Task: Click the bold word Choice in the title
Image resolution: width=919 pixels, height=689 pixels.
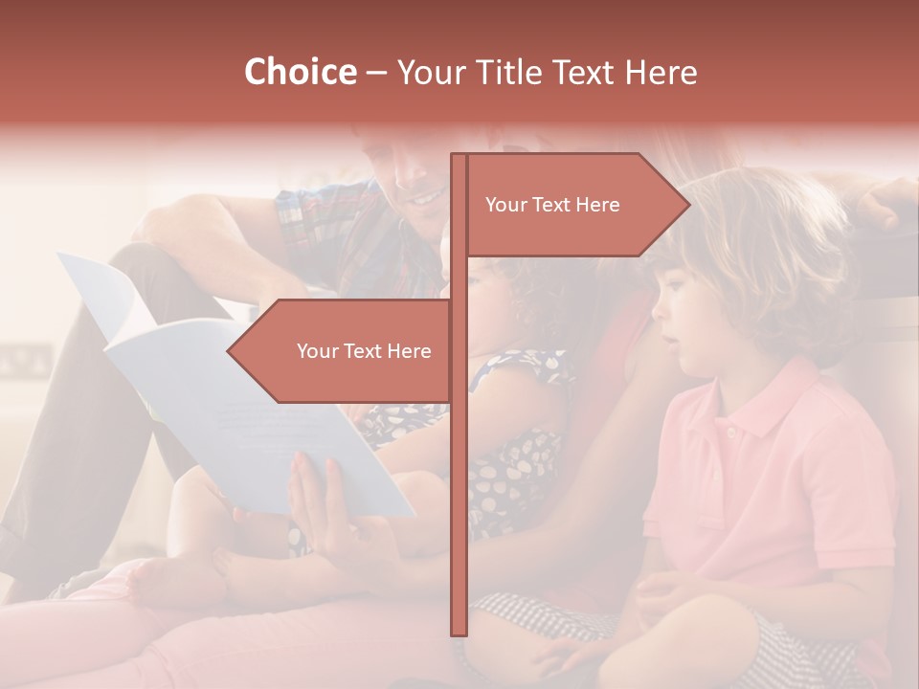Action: click(300, 72)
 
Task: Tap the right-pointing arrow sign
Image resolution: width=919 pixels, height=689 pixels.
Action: click(574, 205)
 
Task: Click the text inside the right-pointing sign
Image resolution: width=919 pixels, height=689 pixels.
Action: click(552, 205)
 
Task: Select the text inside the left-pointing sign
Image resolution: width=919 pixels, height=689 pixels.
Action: click(364, 351)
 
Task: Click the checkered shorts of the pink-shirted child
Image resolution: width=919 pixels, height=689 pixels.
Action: click(536, 612)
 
